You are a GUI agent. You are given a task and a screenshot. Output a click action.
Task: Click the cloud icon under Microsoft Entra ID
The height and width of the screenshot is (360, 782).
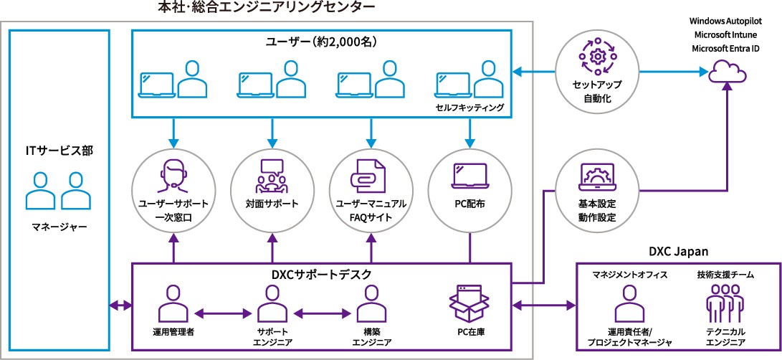click(728, 72)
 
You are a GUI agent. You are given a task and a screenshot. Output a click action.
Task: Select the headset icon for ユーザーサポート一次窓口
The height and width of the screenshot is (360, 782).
click(173, 174)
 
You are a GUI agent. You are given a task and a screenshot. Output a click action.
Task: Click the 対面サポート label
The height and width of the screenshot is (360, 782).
click(272, 204)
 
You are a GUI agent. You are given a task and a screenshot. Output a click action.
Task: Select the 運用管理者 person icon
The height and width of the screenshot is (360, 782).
click(173, 303)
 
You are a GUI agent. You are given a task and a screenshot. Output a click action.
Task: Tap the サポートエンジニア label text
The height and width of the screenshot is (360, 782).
click(272, 337)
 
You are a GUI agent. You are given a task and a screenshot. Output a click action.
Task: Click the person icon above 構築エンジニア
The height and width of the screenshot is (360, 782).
click(371, 303)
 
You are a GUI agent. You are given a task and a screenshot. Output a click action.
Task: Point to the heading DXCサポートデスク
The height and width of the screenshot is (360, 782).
click(321, 274)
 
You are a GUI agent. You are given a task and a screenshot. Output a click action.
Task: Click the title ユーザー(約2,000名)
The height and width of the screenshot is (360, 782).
click(321, 42)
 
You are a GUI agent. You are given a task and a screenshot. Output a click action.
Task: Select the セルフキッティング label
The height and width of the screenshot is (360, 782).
click(469, 108)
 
